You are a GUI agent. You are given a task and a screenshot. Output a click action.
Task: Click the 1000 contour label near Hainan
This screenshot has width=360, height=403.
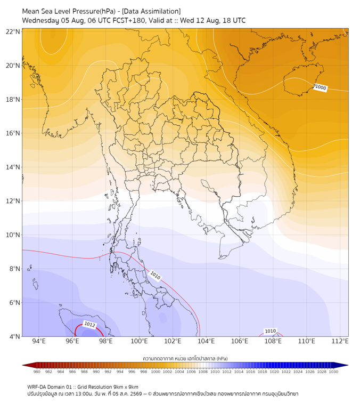[320, 87]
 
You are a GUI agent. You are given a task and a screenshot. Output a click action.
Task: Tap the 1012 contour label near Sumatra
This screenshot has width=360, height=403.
[89, 324]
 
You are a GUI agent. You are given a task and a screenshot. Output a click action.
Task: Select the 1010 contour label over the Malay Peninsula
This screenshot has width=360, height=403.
[155, 276]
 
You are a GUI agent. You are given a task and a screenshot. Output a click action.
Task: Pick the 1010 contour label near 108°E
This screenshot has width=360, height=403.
[271, 331]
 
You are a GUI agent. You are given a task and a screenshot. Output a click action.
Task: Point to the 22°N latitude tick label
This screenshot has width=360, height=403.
[13, 31]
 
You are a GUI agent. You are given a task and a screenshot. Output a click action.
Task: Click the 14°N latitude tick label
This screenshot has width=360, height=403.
[13, 167]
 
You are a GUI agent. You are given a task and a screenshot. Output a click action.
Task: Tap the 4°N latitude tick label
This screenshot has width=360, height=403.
[14, 336]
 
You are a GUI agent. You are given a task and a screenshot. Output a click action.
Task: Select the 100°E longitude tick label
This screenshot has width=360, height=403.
[139, 341]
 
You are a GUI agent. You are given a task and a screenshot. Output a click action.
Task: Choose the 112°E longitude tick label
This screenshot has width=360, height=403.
[340, 341]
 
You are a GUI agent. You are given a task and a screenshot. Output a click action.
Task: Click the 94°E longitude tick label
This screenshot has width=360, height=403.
[39, 341]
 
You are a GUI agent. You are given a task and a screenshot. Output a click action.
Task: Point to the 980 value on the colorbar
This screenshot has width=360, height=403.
[37, 372]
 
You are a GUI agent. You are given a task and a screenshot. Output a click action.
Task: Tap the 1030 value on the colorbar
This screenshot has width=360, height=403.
[333, 372]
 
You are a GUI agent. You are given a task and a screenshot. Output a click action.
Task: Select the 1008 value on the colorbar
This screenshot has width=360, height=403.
[203, 372]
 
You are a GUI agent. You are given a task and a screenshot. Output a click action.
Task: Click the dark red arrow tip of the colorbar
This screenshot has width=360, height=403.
[23, 365]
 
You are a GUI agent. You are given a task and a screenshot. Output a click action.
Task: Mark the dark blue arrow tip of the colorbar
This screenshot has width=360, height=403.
[348, 365]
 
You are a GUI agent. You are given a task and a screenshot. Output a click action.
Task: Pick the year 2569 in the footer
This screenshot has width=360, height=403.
[136, 394]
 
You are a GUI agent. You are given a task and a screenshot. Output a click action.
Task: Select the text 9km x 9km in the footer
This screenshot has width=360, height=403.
[126, 387]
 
